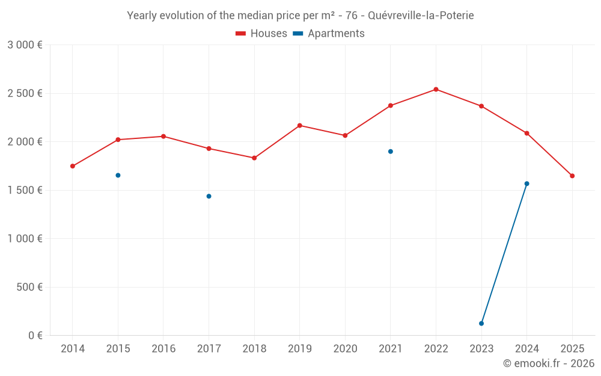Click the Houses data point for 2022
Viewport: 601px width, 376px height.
tap(436, 90)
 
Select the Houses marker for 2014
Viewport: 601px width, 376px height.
tap(73, 166)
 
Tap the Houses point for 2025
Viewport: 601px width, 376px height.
tap(572, 176)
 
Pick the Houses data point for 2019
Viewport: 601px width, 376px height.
tap(300, 125)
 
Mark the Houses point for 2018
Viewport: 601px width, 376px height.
tap(254, 158)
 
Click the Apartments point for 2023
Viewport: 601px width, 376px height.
tap(481, 324)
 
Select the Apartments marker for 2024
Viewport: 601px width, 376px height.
tap(527, 183)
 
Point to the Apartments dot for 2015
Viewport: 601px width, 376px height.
tap(118, 175)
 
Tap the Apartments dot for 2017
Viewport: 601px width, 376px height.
tap(209, 196)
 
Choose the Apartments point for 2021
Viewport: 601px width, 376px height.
tap(391, 152)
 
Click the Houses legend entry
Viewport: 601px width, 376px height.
tap(261, 34)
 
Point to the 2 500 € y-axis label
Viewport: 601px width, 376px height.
tap(25, 93)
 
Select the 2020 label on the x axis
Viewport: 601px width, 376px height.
tap(345, 348)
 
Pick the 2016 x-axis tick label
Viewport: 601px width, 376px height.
tap(163, 348)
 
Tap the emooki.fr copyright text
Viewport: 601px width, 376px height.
tap(549, 363)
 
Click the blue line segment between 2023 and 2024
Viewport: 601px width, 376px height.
tap(504, 254)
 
